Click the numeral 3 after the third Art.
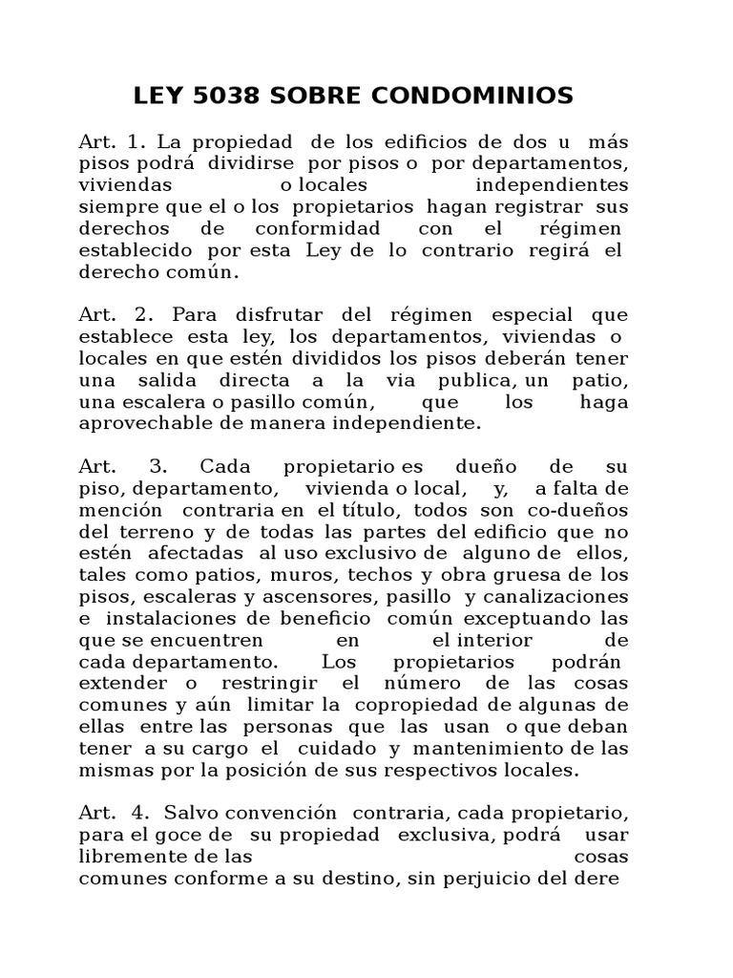pos(158,466)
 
